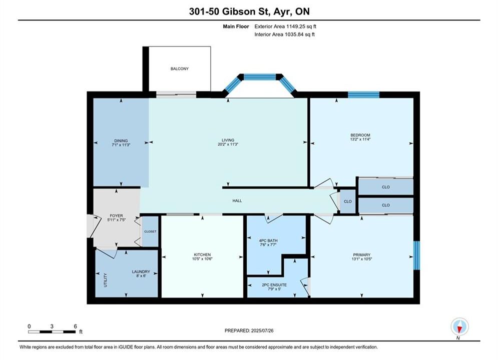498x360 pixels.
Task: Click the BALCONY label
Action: [180, 68]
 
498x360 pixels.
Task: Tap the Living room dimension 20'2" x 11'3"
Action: [228, 144]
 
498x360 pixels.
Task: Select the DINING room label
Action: [121, 140]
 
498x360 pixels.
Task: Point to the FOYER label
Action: [116, 215]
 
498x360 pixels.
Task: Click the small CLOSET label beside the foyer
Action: [150, 231]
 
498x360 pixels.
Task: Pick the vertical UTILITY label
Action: [106, 280]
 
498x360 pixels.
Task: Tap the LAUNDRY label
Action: [141, 272]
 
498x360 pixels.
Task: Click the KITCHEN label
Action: [202, 254]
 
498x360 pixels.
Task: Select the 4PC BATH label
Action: [268, 240]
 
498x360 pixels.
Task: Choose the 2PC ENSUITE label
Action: [274, 285]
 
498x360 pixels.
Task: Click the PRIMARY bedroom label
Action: [362, 254]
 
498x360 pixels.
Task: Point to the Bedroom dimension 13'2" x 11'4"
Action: [360, 139]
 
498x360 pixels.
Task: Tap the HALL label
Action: [237, 201]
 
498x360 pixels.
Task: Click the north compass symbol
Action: [459, 326]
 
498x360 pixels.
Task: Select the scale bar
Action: [52, 332]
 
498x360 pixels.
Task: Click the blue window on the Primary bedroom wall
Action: [416, 255]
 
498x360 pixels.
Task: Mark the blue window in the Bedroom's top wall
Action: [364, 95]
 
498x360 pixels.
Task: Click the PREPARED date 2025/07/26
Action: [262, 330]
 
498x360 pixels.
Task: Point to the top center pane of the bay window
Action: [260, 77]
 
